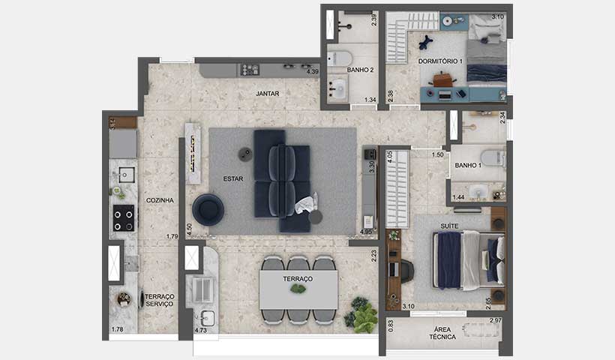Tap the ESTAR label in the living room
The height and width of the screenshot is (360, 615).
click(232, 178)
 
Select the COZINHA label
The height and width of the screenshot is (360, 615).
click(160, 200)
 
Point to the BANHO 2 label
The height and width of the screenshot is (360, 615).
click(360, 70)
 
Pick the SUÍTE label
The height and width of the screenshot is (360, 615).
click(448, 224)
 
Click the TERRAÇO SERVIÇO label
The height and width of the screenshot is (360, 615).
click(159, 300)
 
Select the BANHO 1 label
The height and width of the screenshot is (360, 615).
click(467, 166)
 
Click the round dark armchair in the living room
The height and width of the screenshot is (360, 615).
click(208, 210)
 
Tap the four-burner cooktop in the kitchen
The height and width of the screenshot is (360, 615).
click(123, 219)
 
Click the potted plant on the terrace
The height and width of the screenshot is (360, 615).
click(363, 316)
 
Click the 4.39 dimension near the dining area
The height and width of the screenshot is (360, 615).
click(313, 72)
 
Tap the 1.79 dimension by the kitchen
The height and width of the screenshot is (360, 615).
click(172, 237)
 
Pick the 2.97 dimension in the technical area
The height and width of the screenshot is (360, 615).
click(495, 321)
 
